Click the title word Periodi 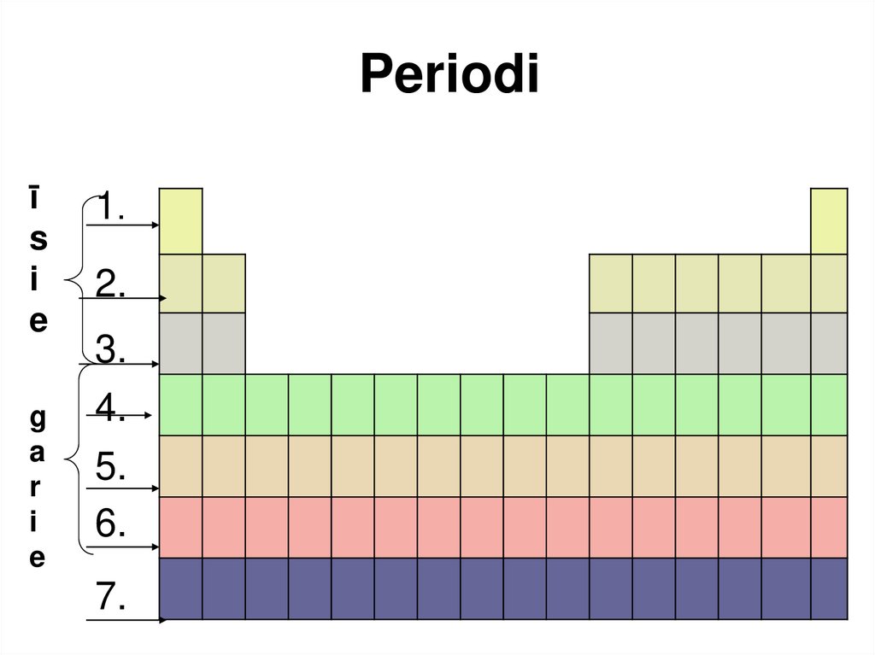[x=449, y=75]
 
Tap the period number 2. [x=111, y=284]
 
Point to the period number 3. [x=111, y=348]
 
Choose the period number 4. [x=111, y=407]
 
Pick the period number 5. [x=111, y=467]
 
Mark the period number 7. [x=111, y=598]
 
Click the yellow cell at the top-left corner [x=180, y=220]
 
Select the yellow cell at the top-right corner [x=829, y=220]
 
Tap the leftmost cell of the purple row [x=180, y=588]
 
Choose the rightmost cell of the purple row [x=829, y=588]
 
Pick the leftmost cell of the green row [x=180, y=405]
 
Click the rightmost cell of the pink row [x=829, y=527]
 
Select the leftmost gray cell [x=180, y=343]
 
